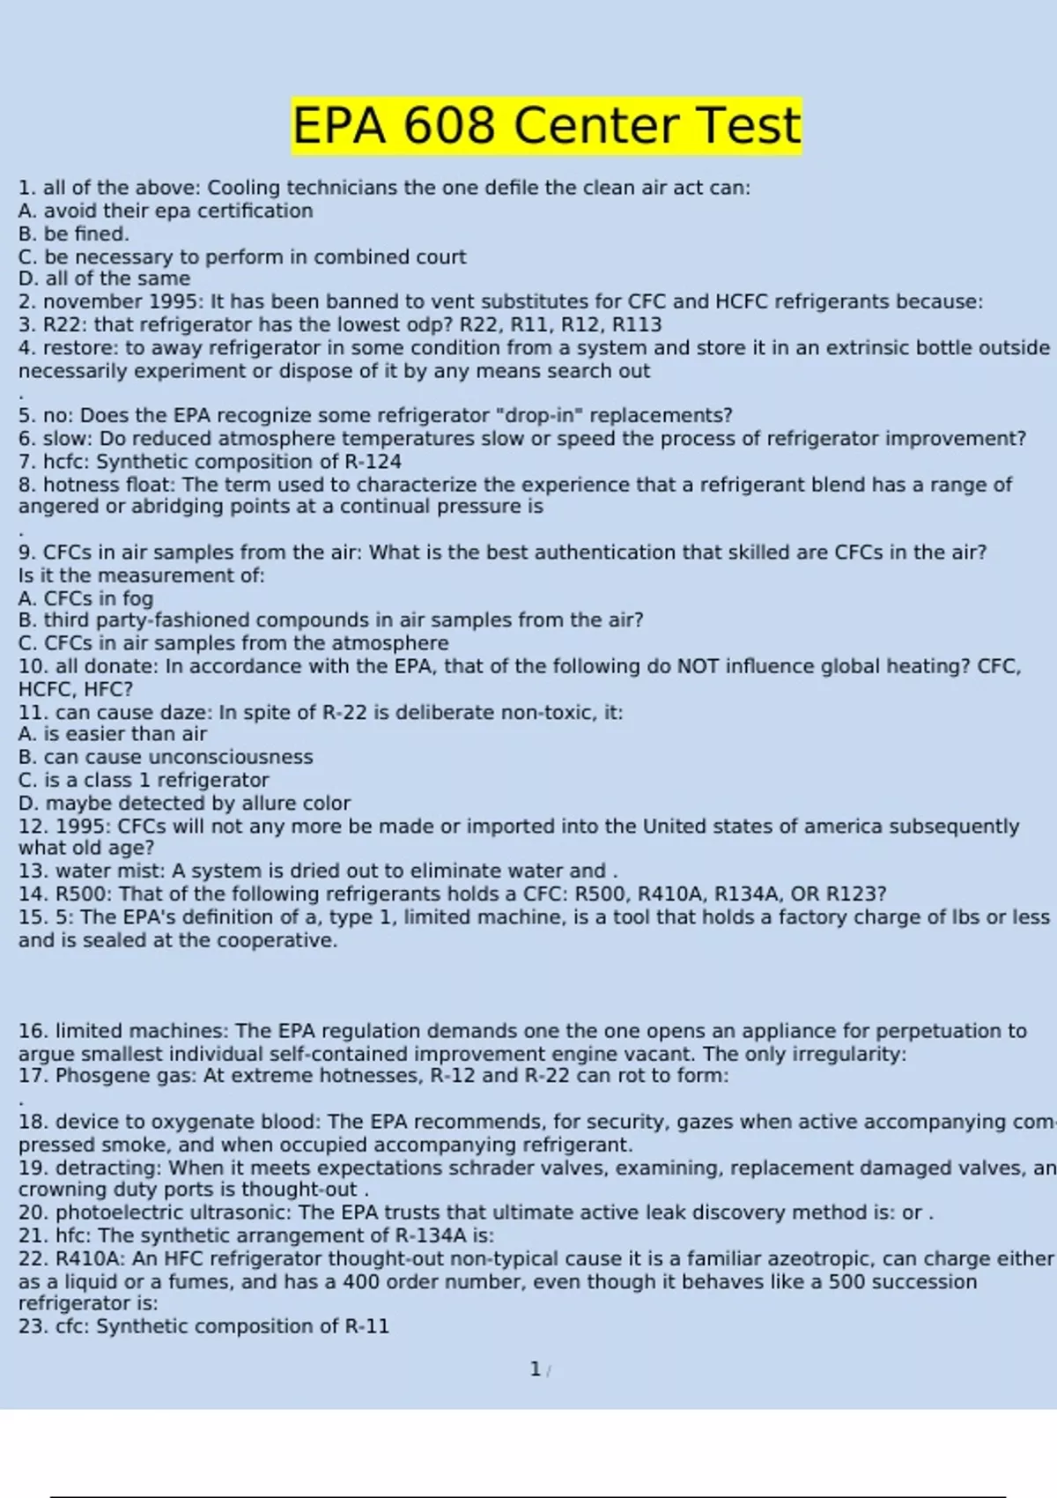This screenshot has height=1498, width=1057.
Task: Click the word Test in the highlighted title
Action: pos(748,125)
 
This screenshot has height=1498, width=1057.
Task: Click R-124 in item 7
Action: pos(373,462)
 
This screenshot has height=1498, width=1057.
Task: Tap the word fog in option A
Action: pos(137,599)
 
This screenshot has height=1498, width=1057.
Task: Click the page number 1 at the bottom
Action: pos(535,1369)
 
